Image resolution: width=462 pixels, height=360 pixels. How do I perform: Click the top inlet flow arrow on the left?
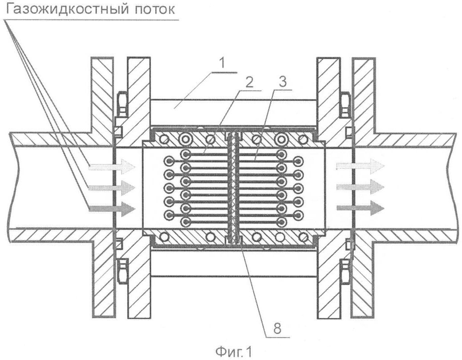pyautogui.click(x=112, y=167)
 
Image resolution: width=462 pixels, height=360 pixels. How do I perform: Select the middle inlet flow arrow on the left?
pyautogui.click(x=112, y=186)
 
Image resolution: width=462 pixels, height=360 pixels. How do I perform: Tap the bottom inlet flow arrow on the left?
pyautogui.click(x=112, y=207)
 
